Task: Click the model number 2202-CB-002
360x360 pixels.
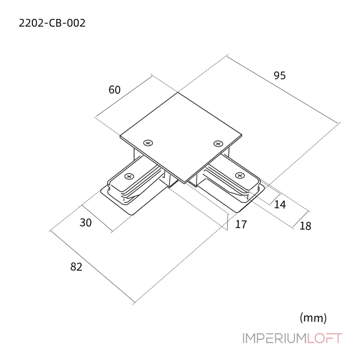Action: coord(52,23)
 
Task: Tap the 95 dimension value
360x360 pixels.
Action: coord(279,76)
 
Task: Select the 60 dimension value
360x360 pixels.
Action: coord(115,90)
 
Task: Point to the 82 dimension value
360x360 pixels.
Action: coord(76,267)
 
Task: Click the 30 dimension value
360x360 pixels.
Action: coord(85,223)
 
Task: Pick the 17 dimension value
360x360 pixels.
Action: coord(241,224)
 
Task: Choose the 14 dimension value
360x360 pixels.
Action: coord(280,204)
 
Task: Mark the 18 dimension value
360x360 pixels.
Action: coord(306,226)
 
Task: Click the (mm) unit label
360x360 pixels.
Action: coord(313,318)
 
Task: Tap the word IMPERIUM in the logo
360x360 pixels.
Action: coord(275,338)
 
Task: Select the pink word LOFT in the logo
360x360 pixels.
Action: coord(324,338)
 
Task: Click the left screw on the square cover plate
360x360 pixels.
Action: coord(148,143)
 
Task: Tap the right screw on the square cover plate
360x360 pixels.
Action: coord(218,144)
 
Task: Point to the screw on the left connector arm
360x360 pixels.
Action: coord(129,176)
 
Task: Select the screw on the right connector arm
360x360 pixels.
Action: coord(240,175)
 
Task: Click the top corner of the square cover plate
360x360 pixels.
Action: coord(178,92)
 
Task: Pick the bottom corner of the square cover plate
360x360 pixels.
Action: coord(185,183)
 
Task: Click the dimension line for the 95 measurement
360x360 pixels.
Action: coord(283,89)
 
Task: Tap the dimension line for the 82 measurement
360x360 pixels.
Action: coord(92,266)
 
